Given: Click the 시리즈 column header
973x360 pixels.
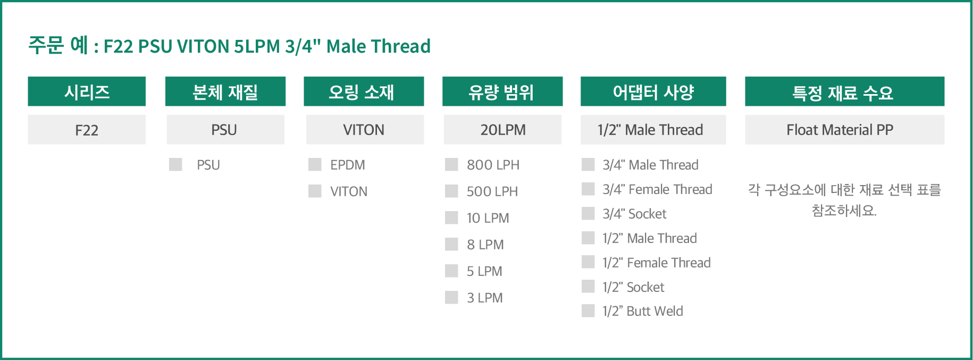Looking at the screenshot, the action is [87, 91].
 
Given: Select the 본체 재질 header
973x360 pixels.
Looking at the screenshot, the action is [225, 91].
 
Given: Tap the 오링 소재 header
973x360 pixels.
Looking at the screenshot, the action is [364, 91].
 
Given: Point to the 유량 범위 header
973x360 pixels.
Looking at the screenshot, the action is [502, 91].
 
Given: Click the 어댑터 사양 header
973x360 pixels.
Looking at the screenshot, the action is [653, 91].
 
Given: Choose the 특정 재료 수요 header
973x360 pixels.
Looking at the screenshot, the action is [845, 91].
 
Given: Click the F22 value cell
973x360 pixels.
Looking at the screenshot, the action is [87, 130].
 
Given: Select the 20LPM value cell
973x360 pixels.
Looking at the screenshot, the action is [502, 130].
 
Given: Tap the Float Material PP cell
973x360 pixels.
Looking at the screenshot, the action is [845, 130].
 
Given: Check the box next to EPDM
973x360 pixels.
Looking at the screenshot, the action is [315, 164].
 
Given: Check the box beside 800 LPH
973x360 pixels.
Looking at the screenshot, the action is [451, 164].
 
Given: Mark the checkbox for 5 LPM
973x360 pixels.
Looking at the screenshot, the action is [451, 271].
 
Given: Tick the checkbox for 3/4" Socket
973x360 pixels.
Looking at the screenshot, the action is [588, 213].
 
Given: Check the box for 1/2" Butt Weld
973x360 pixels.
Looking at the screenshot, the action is [588, 311].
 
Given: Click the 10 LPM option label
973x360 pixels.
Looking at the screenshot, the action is [488, 218].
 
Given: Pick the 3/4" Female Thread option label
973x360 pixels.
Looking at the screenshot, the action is [657, 189].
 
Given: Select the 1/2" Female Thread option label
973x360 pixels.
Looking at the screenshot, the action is [657, 263].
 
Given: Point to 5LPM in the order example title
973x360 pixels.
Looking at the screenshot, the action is [257, 46].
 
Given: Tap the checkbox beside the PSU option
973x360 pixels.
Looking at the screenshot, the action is [175, 164].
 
